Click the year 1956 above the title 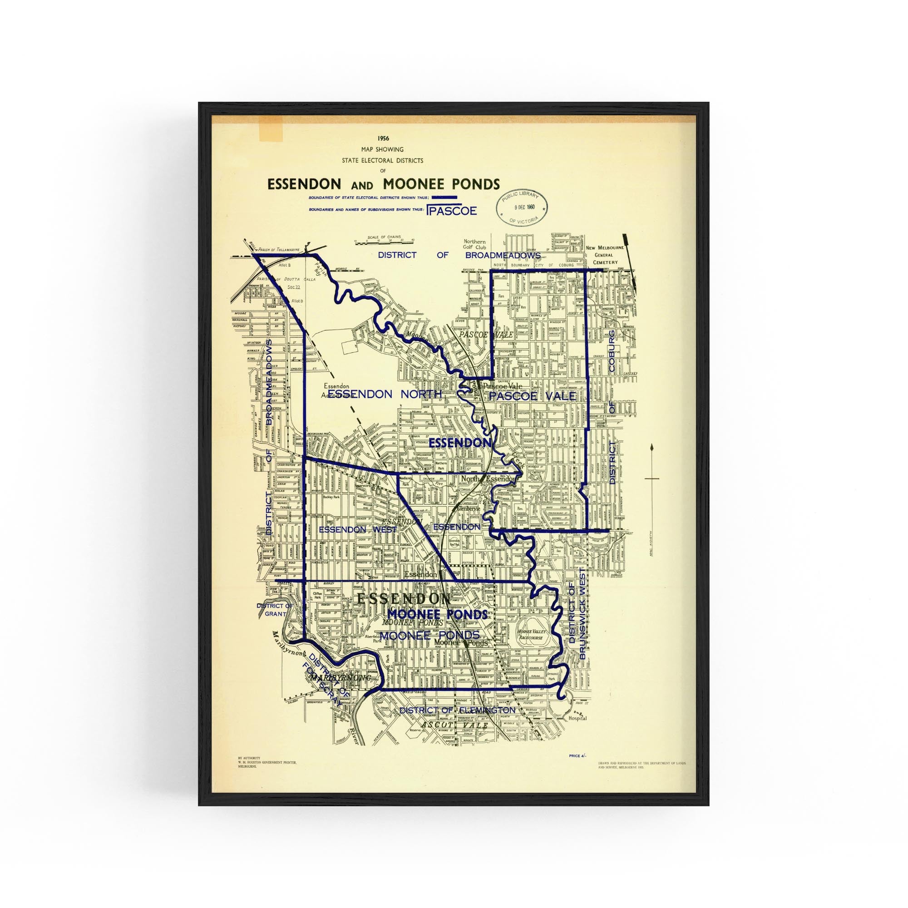383,138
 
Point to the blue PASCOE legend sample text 452,211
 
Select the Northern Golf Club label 475,244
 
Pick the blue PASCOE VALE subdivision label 532,396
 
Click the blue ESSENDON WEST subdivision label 358,529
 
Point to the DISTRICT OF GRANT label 275,610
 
